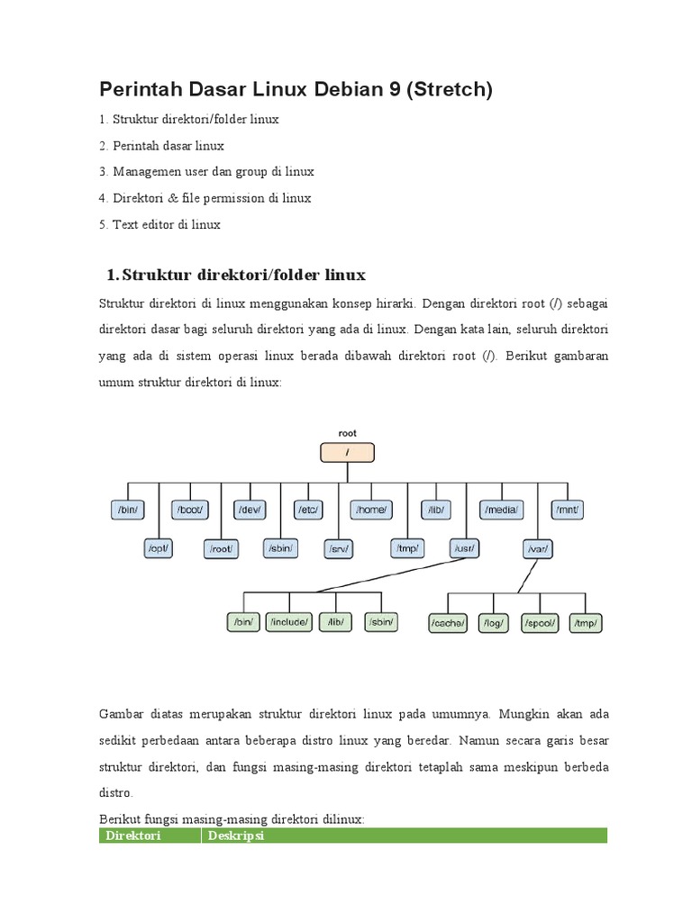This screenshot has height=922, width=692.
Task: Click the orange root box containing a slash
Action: point(347,452)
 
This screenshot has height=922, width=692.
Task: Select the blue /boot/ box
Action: point(190,510)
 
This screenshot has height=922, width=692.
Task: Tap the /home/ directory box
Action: point(372,510)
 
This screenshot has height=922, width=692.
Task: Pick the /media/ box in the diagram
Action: point(501,510)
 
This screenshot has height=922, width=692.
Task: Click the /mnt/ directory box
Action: point(568,510)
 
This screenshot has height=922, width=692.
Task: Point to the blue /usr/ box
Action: point(466,547)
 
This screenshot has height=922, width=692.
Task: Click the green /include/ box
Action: point(289,621)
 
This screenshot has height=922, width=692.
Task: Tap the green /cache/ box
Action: point(447,622)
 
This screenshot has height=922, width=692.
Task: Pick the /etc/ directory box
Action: point(308,510)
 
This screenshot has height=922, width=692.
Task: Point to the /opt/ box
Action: point(159,547)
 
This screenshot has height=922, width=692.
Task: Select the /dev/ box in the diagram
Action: point(249,510)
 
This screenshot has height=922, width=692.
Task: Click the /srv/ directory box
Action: point(339,547)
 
